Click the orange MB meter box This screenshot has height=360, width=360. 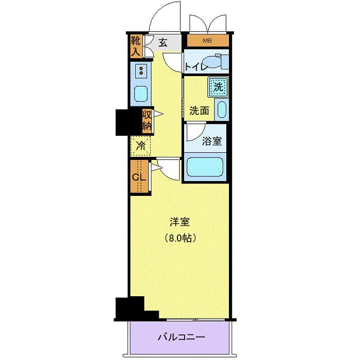pyautogui.click(x=208, y=41)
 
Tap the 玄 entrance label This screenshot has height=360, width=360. pyautogui.click(x=163, y=43)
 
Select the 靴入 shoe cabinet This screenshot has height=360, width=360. pyautogui.click(x=135, y=46)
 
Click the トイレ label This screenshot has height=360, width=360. pyautogui.click(x=196, y=66)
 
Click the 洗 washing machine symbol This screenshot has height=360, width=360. pyautogui.click(x=218, y=86)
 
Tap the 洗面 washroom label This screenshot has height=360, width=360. pyautogui.click(x=199, y=110)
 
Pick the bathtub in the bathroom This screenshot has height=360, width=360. pyautogui.click(x=204, y=167)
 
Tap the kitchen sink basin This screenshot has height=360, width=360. pyautogui.click(x=141, y=94)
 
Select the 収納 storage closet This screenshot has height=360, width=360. pyautogui.click(x=146, y=120)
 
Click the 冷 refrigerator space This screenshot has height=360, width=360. pyautogui.click(x=140, y=146)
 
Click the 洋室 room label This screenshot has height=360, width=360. pyautogui.click(x=180, y=222)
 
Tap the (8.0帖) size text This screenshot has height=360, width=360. pyautogui.click(x=180, y=238)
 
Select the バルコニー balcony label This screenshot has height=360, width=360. pyautogui.click(x=181, y=337)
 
